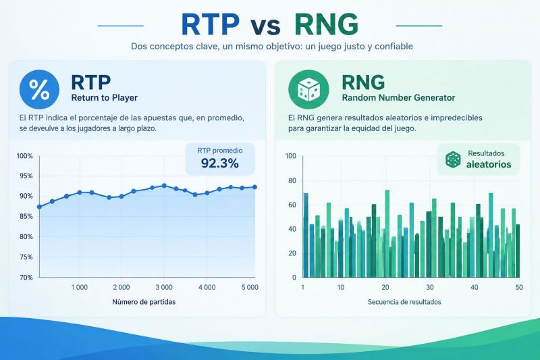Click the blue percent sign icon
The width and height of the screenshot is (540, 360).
tap(39, 89)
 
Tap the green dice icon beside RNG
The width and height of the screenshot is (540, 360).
tap(308, 89)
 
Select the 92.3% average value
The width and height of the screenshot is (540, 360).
tap(220, 163)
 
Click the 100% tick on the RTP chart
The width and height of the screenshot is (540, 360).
tap(25, 156)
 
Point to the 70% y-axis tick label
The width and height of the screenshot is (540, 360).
tap(26, 278)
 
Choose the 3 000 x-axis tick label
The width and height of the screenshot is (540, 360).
tap(164, 287)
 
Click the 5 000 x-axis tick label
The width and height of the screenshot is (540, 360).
tap(250, 287)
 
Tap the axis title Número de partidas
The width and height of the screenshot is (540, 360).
tap(144, 302)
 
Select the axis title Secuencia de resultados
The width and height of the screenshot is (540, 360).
tap(404, 302)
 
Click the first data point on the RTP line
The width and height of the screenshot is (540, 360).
tap(39, 207)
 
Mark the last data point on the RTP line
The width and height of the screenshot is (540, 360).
tap(255, 187)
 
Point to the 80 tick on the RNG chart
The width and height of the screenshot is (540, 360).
tap(292, 180)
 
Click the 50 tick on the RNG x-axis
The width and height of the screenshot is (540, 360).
tap(519, 287)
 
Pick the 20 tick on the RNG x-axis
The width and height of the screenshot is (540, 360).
tap(385, 287)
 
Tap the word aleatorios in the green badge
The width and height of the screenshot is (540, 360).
tap(489, 164)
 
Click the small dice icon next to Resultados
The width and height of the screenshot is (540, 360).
tap(453, 159)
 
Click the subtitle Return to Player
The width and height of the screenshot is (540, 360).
tap(105, 98)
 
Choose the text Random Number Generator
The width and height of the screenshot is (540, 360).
tap(398, 98)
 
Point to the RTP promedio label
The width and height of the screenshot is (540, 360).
tap(220, 151)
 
